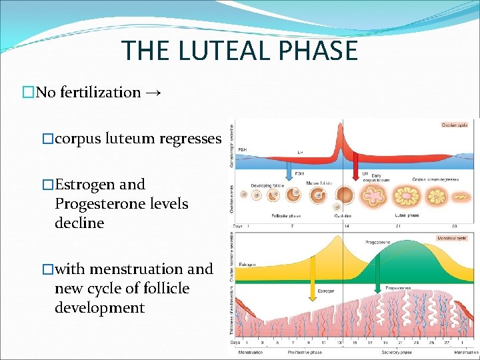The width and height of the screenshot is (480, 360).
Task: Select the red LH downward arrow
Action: (x=355, y=167)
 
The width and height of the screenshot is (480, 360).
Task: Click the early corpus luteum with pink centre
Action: (x=373, y=195)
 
